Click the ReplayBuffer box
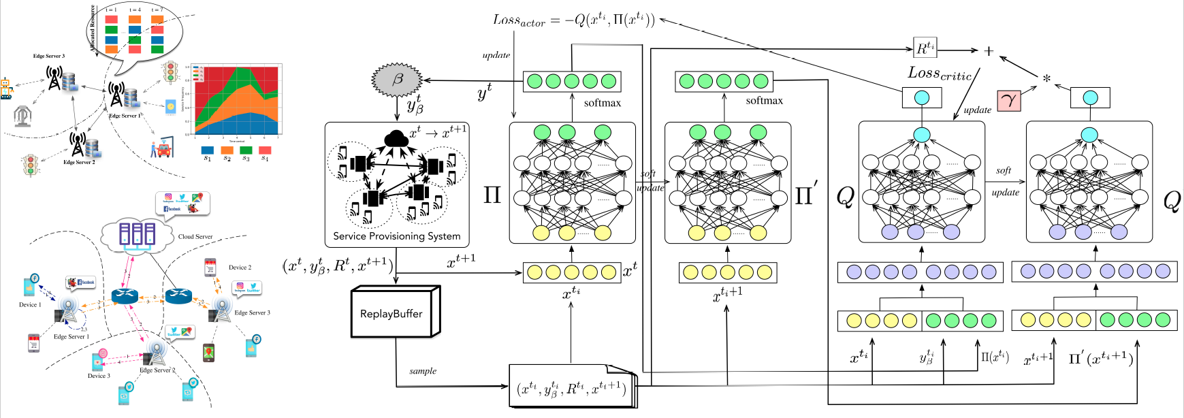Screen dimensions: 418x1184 (392, 314)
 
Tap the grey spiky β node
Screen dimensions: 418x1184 (397, 80)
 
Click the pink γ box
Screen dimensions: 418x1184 (1009, 101)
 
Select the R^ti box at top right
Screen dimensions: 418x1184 (925, 48)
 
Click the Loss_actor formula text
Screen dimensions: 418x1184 (573, 20)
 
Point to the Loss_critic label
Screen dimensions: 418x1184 (940, 74)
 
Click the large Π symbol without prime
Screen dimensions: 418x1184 (492, 196)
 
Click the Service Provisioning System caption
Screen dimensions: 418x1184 (396, 236)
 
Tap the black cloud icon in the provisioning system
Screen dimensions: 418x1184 (396, 139)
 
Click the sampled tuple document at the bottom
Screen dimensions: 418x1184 (572, 389)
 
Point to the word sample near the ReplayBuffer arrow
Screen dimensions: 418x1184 (423, 371)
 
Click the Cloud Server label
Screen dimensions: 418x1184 (195, 237)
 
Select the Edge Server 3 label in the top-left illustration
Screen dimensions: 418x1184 (49, 57)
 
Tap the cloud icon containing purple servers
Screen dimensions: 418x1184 (136, 235)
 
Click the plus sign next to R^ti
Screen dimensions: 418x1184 (989, 51)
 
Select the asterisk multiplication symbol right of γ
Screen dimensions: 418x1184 (1046, 79)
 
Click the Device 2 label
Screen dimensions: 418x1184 (240, 268)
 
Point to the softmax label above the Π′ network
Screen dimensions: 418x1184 (764, 101)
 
